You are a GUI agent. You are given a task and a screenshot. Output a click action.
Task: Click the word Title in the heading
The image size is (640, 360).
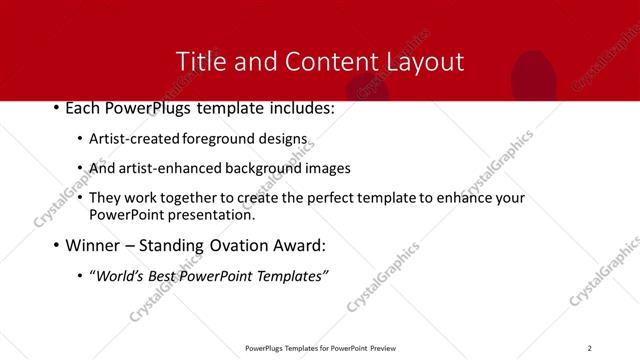tap(198, 61)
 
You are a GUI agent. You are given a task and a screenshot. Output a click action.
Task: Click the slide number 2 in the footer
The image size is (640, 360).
tap(589, 347)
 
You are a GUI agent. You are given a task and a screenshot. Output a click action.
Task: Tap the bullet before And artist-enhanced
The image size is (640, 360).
tap(80, 169)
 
